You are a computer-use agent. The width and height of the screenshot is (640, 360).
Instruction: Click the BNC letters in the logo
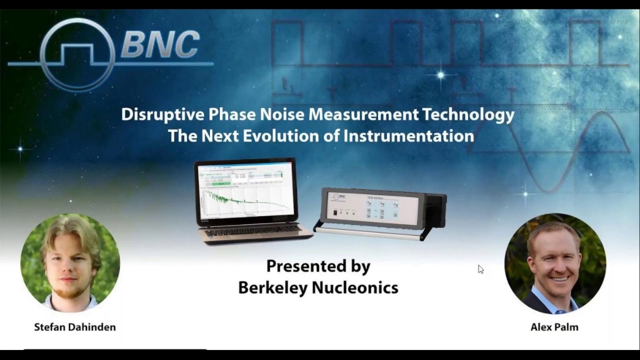click(160, 44)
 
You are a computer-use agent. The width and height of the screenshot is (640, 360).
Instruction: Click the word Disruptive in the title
click(162, 114)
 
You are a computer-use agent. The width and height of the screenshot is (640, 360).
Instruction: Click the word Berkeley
click(273, 287)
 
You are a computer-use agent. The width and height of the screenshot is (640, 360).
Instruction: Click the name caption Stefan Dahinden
click(75, 327)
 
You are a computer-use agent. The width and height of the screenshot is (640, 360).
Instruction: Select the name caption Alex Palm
click(554, 327)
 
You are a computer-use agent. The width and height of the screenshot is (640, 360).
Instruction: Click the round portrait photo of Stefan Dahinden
click(70, 262)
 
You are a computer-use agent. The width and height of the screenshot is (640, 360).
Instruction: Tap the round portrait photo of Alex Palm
click(555, 263)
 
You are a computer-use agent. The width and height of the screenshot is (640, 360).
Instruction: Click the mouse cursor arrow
click(480, 269)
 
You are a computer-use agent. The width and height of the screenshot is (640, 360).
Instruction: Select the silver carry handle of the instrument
click(370, 232)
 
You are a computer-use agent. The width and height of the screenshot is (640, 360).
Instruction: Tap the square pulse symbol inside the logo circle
click(77, 52)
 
